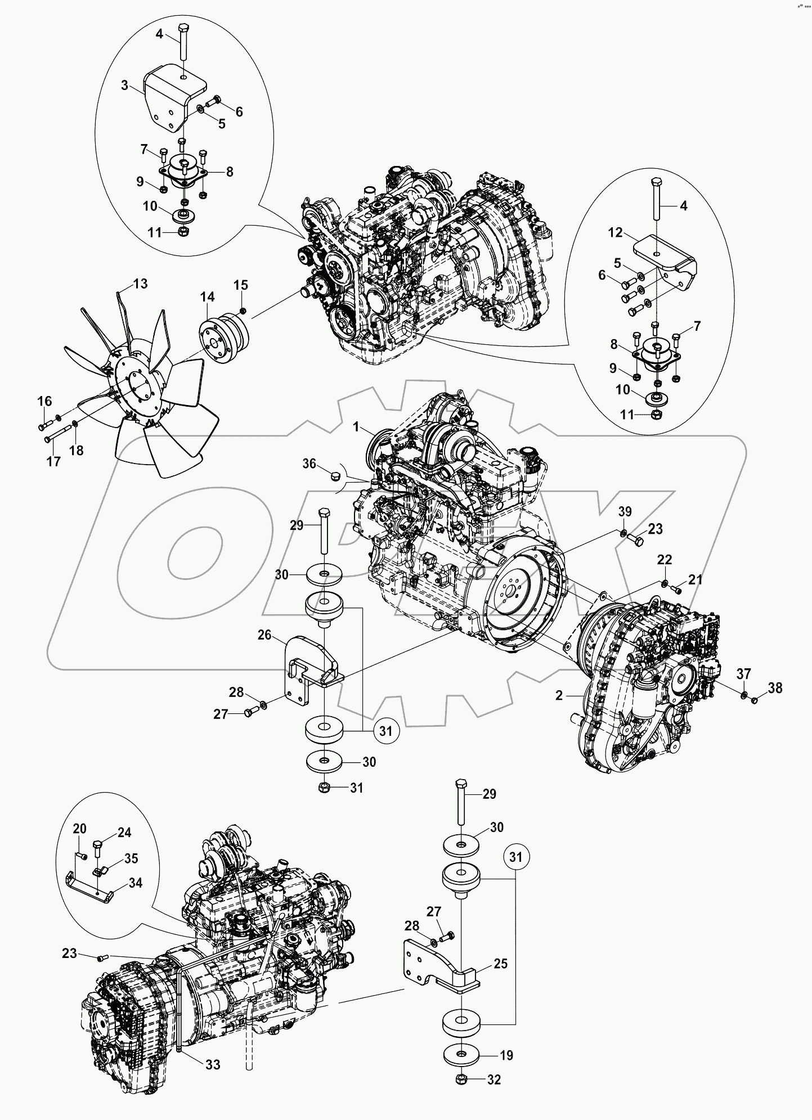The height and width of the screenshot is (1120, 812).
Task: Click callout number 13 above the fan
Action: [140, 284]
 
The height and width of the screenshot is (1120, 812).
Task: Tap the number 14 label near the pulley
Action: [207, 296]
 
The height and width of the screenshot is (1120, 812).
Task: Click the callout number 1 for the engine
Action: [356, 428]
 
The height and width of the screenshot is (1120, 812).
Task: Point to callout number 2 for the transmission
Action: [559, 695]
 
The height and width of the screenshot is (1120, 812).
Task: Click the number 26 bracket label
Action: [264, 636]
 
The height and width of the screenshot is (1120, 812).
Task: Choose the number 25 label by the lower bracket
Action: [500, 964]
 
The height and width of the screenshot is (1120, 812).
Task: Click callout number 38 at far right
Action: [775, 687]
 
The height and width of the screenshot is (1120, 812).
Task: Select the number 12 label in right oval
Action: [615, 232]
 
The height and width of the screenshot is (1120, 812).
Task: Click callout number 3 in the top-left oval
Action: [124, 86]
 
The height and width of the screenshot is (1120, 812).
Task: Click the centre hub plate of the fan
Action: [135, 386]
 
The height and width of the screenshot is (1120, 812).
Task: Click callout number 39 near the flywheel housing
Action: [625, 511]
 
